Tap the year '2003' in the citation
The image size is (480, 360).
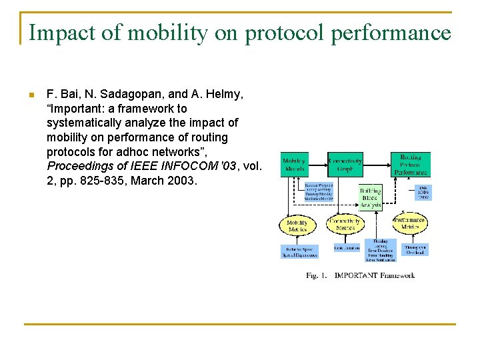(183, 181)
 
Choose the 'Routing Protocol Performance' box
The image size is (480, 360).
(410, 165)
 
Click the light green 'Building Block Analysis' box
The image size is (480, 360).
(371, 197)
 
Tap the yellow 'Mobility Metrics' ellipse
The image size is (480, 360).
(297, 225)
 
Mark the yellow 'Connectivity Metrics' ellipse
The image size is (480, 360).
(345, 225)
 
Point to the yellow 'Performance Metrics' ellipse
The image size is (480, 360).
(409, 223)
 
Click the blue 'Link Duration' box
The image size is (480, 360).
(347, 249)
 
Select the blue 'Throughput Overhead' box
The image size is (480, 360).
(415, 250)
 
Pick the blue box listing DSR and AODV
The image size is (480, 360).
(423, 192)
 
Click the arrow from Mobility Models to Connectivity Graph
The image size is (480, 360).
(317, 161)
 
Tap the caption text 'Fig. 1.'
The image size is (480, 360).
(317, 275)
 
